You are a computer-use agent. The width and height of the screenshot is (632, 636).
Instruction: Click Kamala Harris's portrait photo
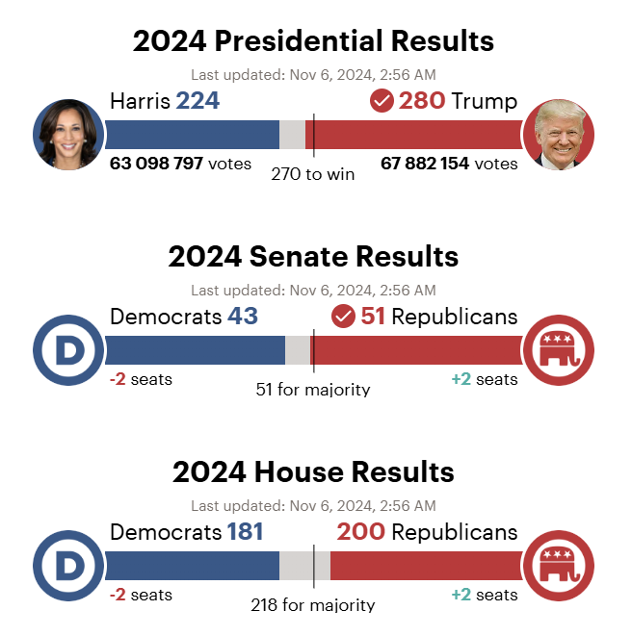pos(68,135)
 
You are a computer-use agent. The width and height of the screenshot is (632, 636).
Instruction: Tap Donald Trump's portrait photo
pos(559,135)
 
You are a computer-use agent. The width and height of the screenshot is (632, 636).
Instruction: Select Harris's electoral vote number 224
pos(197,101)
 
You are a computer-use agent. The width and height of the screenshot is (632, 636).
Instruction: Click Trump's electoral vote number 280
pos(422,101)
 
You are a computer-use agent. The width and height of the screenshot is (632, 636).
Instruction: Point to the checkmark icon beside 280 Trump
pos(382,101)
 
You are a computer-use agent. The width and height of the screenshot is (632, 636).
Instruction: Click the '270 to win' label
pos(312,174)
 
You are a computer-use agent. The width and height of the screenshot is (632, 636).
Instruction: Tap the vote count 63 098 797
pos(156,164)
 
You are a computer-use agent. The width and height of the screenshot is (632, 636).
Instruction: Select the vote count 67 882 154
pos(425,164)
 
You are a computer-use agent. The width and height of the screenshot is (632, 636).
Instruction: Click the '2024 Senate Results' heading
pos(313,257)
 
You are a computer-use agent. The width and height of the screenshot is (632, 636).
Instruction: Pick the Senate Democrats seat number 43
pos(243,317)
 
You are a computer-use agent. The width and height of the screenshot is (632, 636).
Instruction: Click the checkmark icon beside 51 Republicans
pos(343,317)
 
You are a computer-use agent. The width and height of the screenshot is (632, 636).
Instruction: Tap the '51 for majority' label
pos(312,390)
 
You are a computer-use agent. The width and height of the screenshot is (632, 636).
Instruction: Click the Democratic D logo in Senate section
pos(68,350)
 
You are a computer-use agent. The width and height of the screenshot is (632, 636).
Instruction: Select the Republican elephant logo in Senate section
pos(559,350)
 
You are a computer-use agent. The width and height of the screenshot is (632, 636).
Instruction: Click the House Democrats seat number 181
pos(245,532)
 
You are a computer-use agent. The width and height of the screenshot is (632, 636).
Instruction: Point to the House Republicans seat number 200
pos(361,532)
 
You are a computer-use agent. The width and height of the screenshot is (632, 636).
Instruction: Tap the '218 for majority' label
pos(312,605)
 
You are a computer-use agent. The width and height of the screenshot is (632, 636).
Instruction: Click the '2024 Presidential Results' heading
pos(313,41)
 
